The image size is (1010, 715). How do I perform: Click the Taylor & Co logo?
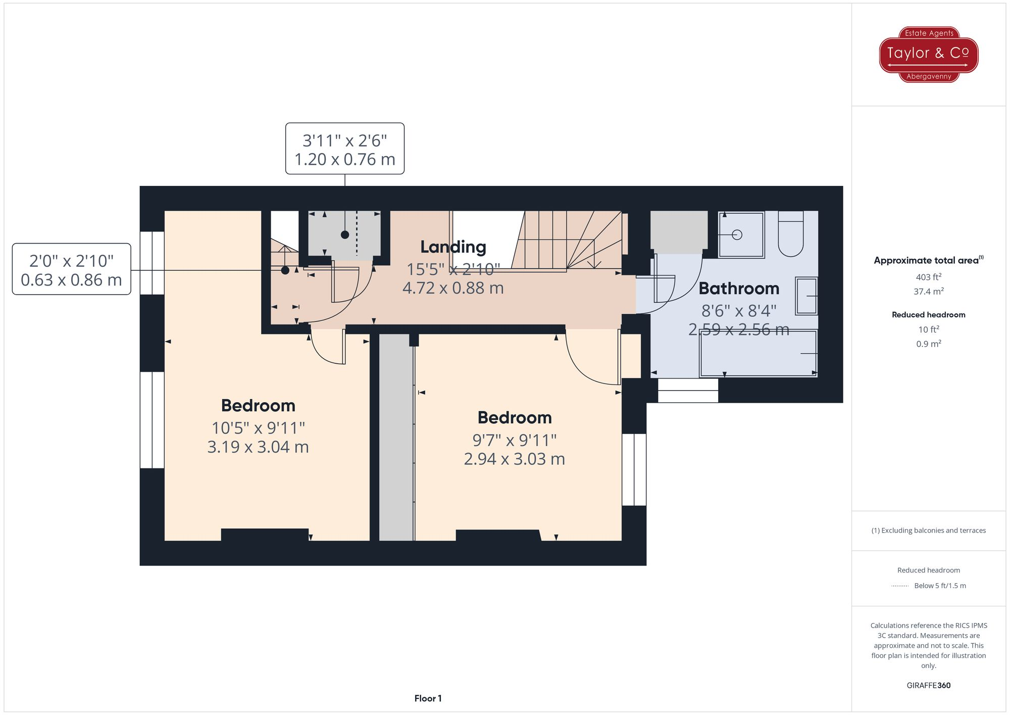coord(928,54)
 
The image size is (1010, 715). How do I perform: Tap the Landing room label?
coord(453,247)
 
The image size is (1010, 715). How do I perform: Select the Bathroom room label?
coord(738,289)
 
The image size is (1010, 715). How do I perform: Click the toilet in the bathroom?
coord(790,235)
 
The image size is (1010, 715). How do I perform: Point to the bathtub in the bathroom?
coord(757,353)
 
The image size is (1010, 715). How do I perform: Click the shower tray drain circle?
coord(737,234)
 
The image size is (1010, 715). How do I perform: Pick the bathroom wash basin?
coord(806,296)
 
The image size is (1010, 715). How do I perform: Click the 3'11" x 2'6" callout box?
coord(344,149)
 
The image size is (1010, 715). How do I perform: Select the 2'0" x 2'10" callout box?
coord(71,269)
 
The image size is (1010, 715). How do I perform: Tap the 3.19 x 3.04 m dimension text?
coord(258,447)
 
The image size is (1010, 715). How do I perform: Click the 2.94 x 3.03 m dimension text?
coord(514,459)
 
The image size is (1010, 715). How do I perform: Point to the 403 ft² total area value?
coord(928,277)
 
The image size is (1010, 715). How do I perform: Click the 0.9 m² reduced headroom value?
coord(928,344)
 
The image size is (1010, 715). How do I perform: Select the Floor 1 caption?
coord(428,698)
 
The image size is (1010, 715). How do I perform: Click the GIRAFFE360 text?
coord(928,685)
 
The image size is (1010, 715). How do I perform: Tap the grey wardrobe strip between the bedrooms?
coord(396,437)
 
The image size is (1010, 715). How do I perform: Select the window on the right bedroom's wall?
coord(634,469)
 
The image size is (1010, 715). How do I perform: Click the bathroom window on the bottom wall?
coord(688,391)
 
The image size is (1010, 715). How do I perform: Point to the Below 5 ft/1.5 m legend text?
coord(939,586)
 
